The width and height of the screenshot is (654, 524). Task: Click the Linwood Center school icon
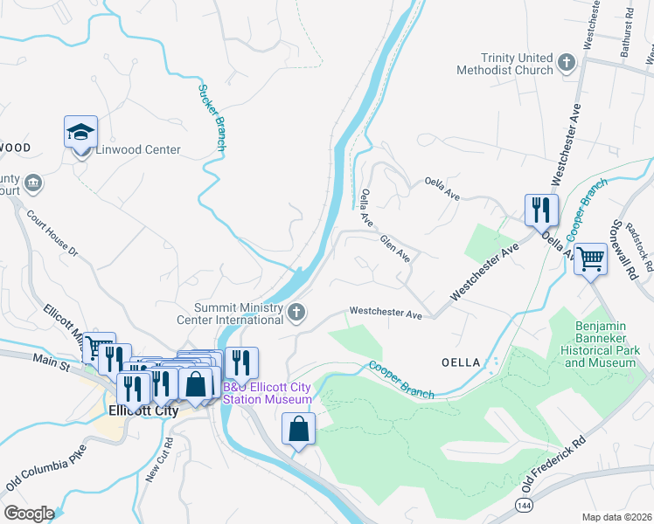pos(80,134)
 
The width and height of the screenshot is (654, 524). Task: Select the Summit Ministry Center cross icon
pos(297,312)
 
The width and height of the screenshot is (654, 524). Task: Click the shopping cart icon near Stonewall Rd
pos(591,258)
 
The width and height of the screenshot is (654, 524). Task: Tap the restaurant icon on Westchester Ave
pos(539,210)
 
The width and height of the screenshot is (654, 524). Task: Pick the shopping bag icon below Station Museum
pos(298,429)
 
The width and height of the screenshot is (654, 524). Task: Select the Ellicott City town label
pos(143,410)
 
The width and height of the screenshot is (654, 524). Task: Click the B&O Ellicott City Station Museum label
pos(267,393)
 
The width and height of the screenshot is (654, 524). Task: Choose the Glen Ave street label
pos(394,247)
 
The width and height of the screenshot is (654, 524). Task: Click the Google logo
pos(29,514)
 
